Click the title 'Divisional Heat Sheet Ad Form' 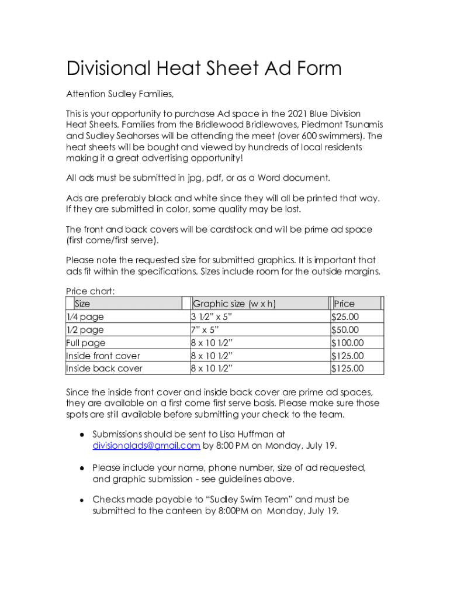[x=203, y=69]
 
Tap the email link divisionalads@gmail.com [x=146, y=446]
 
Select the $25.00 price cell [x=345, y=317]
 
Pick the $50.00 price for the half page [x=345, y=330]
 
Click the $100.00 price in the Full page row [x=347, y=343]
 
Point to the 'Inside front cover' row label [x=103, y=356]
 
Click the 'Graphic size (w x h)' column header [x=234, y=304]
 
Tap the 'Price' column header [x=344, y=304]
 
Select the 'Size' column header [x=82, y=304]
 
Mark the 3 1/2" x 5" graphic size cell [x=212, y=317]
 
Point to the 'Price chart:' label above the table [x=90, y=291]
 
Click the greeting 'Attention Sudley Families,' [x=120, y=94]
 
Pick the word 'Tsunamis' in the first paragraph [x=363, y=125]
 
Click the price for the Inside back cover [x=347, y=369]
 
